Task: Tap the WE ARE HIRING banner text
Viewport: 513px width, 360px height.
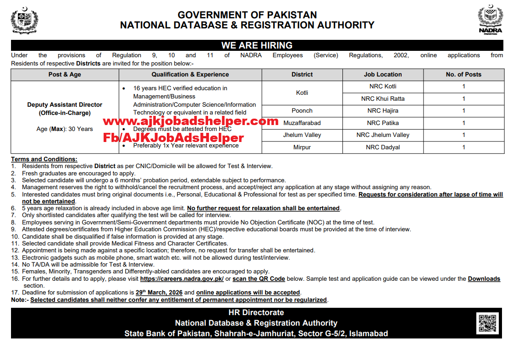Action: pos(257,45)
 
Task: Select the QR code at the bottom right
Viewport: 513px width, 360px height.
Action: pos(487,323)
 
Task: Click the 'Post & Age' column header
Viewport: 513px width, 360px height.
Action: pos(65,75)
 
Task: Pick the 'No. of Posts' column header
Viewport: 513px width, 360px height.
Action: pos(463,75)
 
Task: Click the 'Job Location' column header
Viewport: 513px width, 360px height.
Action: pos(383,75)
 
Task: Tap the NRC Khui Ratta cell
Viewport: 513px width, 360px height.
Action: pos(383,98)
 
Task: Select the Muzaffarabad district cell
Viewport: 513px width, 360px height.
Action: pos(302,123)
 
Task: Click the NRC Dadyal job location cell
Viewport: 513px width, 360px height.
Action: pos(383,147)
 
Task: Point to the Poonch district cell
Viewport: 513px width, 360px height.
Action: pos(302,110)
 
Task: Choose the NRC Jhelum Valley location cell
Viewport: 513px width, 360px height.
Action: pos(383,135)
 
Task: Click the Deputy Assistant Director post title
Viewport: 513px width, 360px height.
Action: pos(65,105)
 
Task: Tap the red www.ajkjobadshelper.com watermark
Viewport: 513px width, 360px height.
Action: pos(190,121)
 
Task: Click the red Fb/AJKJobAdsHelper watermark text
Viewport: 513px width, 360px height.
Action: pos(173,137)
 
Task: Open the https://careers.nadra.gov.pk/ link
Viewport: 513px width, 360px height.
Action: pos(182,278)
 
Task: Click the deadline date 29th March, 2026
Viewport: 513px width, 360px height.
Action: pos(159,293)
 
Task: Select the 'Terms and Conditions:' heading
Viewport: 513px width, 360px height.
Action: pos(44,159)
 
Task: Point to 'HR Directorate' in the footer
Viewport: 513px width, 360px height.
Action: pos(256,312)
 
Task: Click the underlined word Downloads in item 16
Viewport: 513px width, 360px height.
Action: pos(484,278)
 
